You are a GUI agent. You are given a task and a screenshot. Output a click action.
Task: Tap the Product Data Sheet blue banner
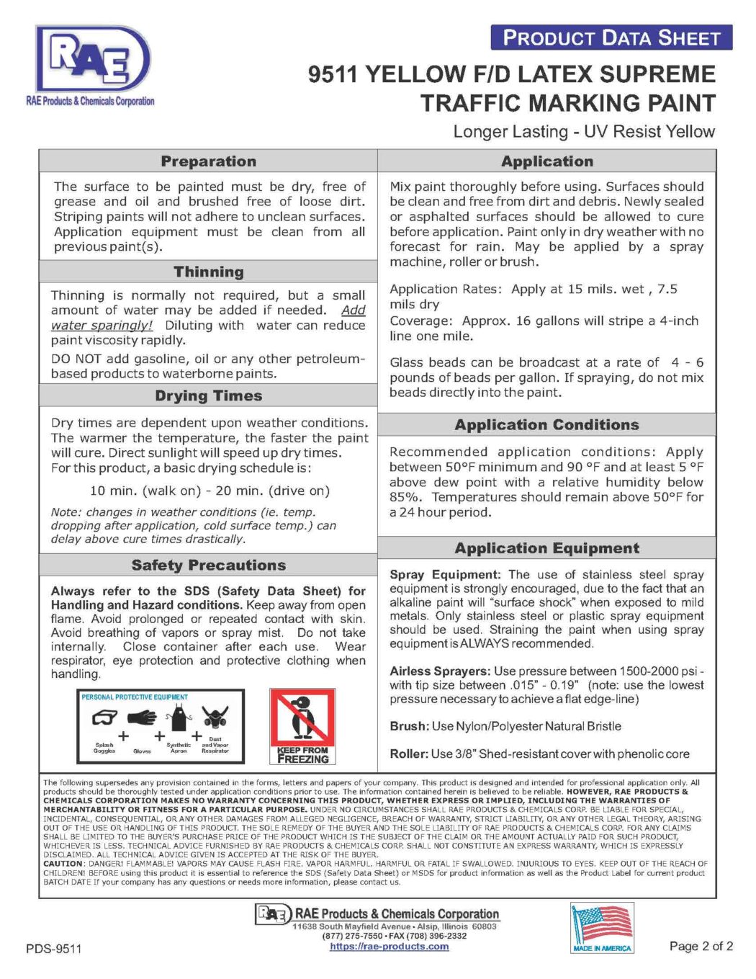(x=611, y=37)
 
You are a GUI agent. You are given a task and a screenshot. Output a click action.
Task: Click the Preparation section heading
(x=208, y=161)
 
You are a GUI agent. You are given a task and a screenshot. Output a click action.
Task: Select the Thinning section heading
(x=208, y=272)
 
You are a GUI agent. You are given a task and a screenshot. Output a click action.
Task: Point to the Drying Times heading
(x=208, y=395)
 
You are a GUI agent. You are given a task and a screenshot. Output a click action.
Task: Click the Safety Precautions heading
(x=208, y=566)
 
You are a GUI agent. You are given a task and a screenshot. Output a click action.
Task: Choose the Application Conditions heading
(x=546, y=425)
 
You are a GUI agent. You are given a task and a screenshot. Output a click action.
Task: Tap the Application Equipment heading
(x=546, y=548)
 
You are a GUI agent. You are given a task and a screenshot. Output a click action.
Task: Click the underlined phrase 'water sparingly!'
(x=102, y=326)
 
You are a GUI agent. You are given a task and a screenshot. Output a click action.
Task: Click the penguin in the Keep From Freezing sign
(x=303, y=717)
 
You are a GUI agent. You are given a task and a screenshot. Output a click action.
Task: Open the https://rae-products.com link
(x=389, y=947)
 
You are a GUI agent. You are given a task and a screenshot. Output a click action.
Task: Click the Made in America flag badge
(x=602, y=928)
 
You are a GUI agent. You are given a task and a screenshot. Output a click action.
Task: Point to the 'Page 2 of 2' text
(x=701, y=946)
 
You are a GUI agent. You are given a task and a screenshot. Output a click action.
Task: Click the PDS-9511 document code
(x=54, y=949)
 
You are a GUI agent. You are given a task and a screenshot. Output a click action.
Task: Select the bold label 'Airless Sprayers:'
(x=440, y=671)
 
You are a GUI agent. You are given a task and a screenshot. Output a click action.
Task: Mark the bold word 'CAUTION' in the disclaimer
(x=63, y=863)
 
